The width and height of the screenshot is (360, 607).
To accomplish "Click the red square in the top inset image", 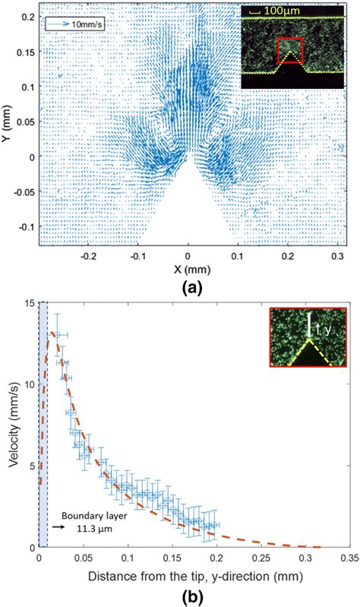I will click(291, 51).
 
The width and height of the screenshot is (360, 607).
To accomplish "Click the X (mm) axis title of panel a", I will click(188, 269).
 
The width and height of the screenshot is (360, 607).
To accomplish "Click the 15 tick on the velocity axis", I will click(27, 303).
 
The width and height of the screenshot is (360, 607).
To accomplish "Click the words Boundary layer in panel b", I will click(84, 512).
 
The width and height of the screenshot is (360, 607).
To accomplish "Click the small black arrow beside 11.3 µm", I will click(58, 524).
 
